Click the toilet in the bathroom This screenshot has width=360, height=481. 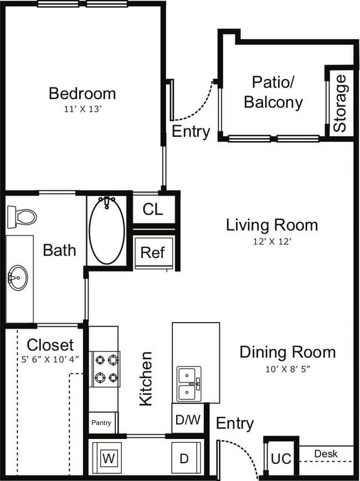(22, 217)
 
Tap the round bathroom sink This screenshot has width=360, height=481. (18, 277)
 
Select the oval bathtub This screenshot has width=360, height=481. (107, 230)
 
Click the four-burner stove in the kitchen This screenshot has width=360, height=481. (105, 369)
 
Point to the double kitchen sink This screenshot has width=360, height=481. (189, 384)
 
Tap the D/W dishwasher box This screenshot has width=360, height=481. (188, 419)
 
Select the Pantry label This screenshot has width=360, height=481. (101, 423)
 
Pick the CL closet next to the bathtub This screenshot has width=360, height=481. (153, 209)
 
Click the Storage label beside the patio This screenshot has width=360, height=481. (340, 104)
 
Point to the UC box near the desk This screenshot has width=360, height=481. (281, 458)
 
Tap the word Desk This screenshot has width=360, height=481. (326, 453)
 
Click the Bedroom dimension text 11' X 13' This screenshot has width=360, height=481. (83, 109)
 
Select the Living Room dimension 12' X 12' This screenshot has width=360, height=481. (272, 242)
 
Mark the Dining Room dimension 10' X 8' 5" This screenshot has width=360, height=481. (287, 369)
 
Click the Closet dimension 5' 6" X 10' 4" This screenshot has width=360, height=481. (50, 359)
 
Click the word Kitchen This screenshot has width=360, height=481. (146, 379)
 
